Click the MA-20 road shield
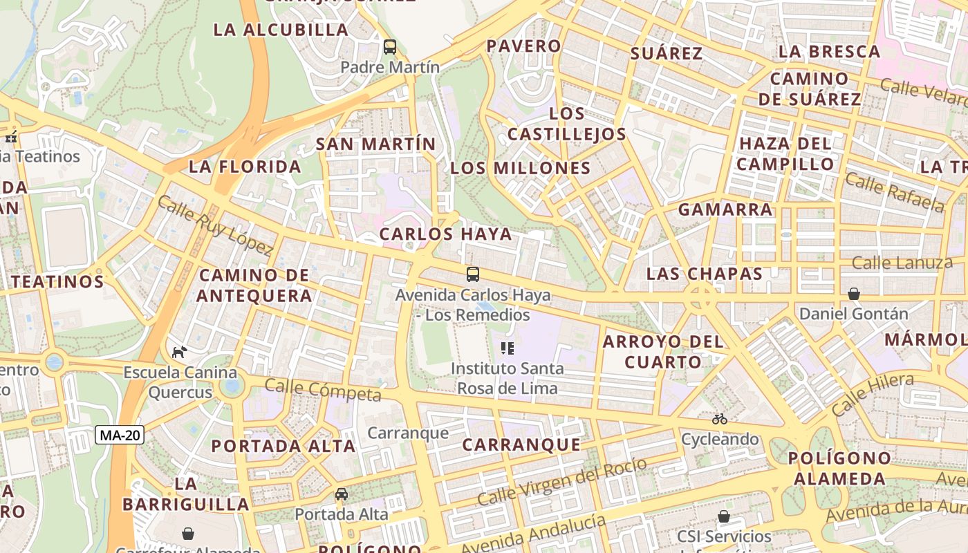pyautogui.click(x=120, y=435)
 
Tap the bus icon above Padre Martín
pyautogui.click(x=390, y=47)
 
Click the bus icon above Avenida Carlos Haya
pyautogui.click(x=473, y=274)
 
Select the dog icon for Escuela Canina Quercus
pyautogui.click(x=179, y=352)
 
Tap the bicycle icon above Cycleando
pyautogui.click(x=720, y=419)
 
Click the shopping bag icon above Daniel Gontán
pyautogui.click(x=854, y=294)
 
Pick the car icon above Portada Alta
pyautogui.click(x=342, y=494)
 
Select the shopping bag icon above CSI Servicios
pyautogui.click(x=724, y=516)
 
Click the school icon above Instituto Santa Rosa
pyautogui.click(x=508, y=348)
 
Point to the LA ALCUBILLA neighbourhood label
pyautogui.click(x=281, y=30)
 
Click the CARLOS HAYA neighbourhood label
pyautogui.click(x=446, y=234)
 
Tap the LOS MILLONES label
pyautogui.click(x=521, y=168)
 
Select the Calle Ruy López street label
pyautogui.click(x=215, y=225)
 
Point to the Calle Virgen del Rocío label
pyautogui.click(x=562, y=481)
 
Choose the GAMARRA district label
pyautogui.click(x=725, y=209)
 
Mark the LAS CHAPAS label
pyautogui.click(x=705, y=273)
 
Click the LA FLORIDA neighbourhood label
pyautogui.click(x=245, y=167)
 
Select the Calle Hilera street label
pyautogui.click(x=873, y=393)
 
